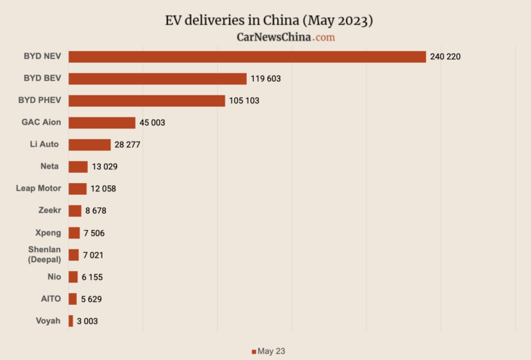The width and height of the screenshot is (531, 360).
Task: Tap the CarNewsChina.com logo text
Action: click(286, 37)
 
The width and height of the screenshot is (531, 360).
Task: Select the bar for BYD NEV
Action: click(247, 56)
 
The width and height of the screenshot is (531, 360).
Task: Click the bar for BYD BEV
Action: click(157, 78)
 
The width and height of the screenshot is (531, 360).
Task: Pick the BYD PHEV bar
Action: click(147, 100)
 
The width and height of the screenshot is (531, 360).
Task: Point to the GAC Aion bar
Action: click(102, 122)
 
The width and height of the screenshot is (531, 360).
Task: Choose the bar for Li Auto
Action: click(89, 144)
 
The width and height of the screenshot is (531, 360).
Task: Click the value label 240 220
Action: click(445, 57)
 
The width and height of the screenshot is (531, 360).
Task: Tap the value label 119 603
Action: click(265, 79)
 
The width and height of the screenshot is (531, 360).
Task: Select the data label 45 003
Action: click(152, 123)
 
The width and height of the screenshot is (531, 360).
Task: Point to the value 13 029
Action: click(105, 167)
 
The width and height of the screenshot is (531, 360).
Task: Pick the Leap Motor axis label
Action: click(39, 188)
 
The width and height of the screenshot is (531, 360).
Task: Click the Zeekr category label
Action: click(50, 210)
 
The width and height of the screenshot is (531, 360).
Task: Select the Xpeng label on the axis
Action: click(48, 232)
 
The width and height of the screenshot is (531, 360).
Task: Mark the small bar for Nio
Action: click(73, 277)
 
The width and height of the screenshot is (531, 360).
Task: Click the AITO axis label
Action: click(50, 299)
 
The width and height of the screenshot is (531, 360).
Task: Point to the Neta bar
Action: click(78, 167)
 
